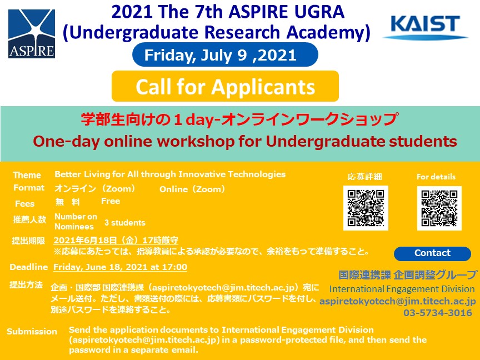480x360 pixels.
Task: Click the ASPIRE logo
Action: tap(32, 34)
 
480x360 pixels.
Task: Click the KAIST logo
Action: tap(426, 27)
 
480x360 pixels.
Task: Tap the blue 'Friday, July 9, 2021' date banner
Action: tap(225, 55)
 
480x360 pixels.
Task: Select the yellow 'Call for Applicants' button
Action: tap(225, 86)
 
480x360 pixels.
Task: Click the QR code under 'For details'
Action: tap(439, 208)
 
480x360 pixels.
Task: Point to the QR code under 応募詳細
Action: tap(366, 208)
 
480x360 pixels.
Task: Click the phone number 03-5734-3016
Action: tap(437, 313)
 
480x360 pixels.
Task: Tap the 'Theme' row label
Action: tap(27, 175)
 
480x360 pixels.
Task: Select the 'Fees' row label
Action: tap(25, 203)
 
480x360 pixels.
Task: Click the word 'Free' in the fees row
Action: tap(111, 201)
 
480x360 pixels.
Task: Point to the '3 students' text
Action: tap(125, 223)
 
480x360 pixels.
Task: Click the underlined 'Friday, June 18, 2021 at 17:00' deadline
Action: tap(121, 267)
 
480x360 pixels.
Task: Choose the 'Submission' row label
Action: tap(32, 332)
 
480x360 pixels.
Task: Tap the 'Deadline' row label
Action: tap(29, 267)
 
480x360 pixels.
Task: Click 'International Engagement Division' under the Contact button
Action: tap(402, 289)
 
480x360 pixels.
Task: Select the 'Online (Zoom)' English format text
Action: tap(192, 189)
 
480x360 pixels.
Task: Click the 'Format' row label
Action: tap(29, 188)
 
